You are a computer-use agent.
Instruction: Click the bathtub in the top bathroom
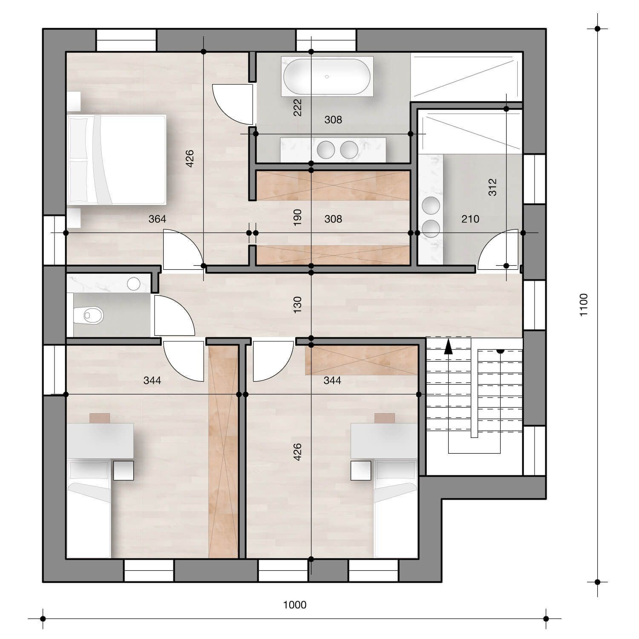pos(327,77)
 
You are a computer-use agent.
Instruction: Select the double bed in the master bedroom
pos(117,159)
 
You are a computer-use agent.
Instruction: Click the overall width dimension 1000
pos(295,604)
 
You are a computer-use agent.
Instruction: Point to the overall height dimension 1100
pos(583,305)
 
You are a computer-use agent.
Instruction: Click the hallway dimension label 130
pos(297,305)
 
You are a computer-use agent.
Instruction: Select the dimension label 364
pos(157,219)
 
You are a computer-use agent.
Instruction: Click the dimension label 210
pos(470,219)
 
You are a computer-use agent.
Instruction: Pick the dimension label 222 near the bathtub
pos(297,107)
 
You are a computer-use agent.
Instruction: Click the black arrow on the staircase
pos(448,347)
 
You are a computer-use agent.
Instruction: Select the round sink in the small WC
pos(134,284)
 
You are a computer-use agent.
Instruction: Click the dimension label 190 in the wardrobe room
pos(297,217)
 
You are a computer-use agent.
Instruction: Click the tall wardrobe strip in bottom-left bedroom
pos(223,452)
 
